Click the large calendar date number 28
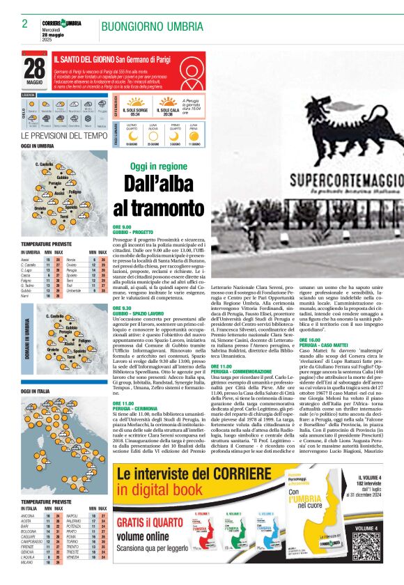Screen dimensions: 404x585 [34, 68]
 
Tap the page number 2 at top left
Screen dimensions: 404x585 [24, 24]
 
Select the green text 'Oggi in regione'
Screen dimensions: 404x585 [158, 166]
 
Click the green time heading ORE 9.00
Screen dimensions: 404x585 [122, 227]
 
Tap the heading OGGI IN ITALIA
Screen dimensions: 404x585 [37, 392]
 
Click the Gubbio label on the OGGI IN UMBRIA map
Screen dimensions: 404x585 [63, 178]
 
